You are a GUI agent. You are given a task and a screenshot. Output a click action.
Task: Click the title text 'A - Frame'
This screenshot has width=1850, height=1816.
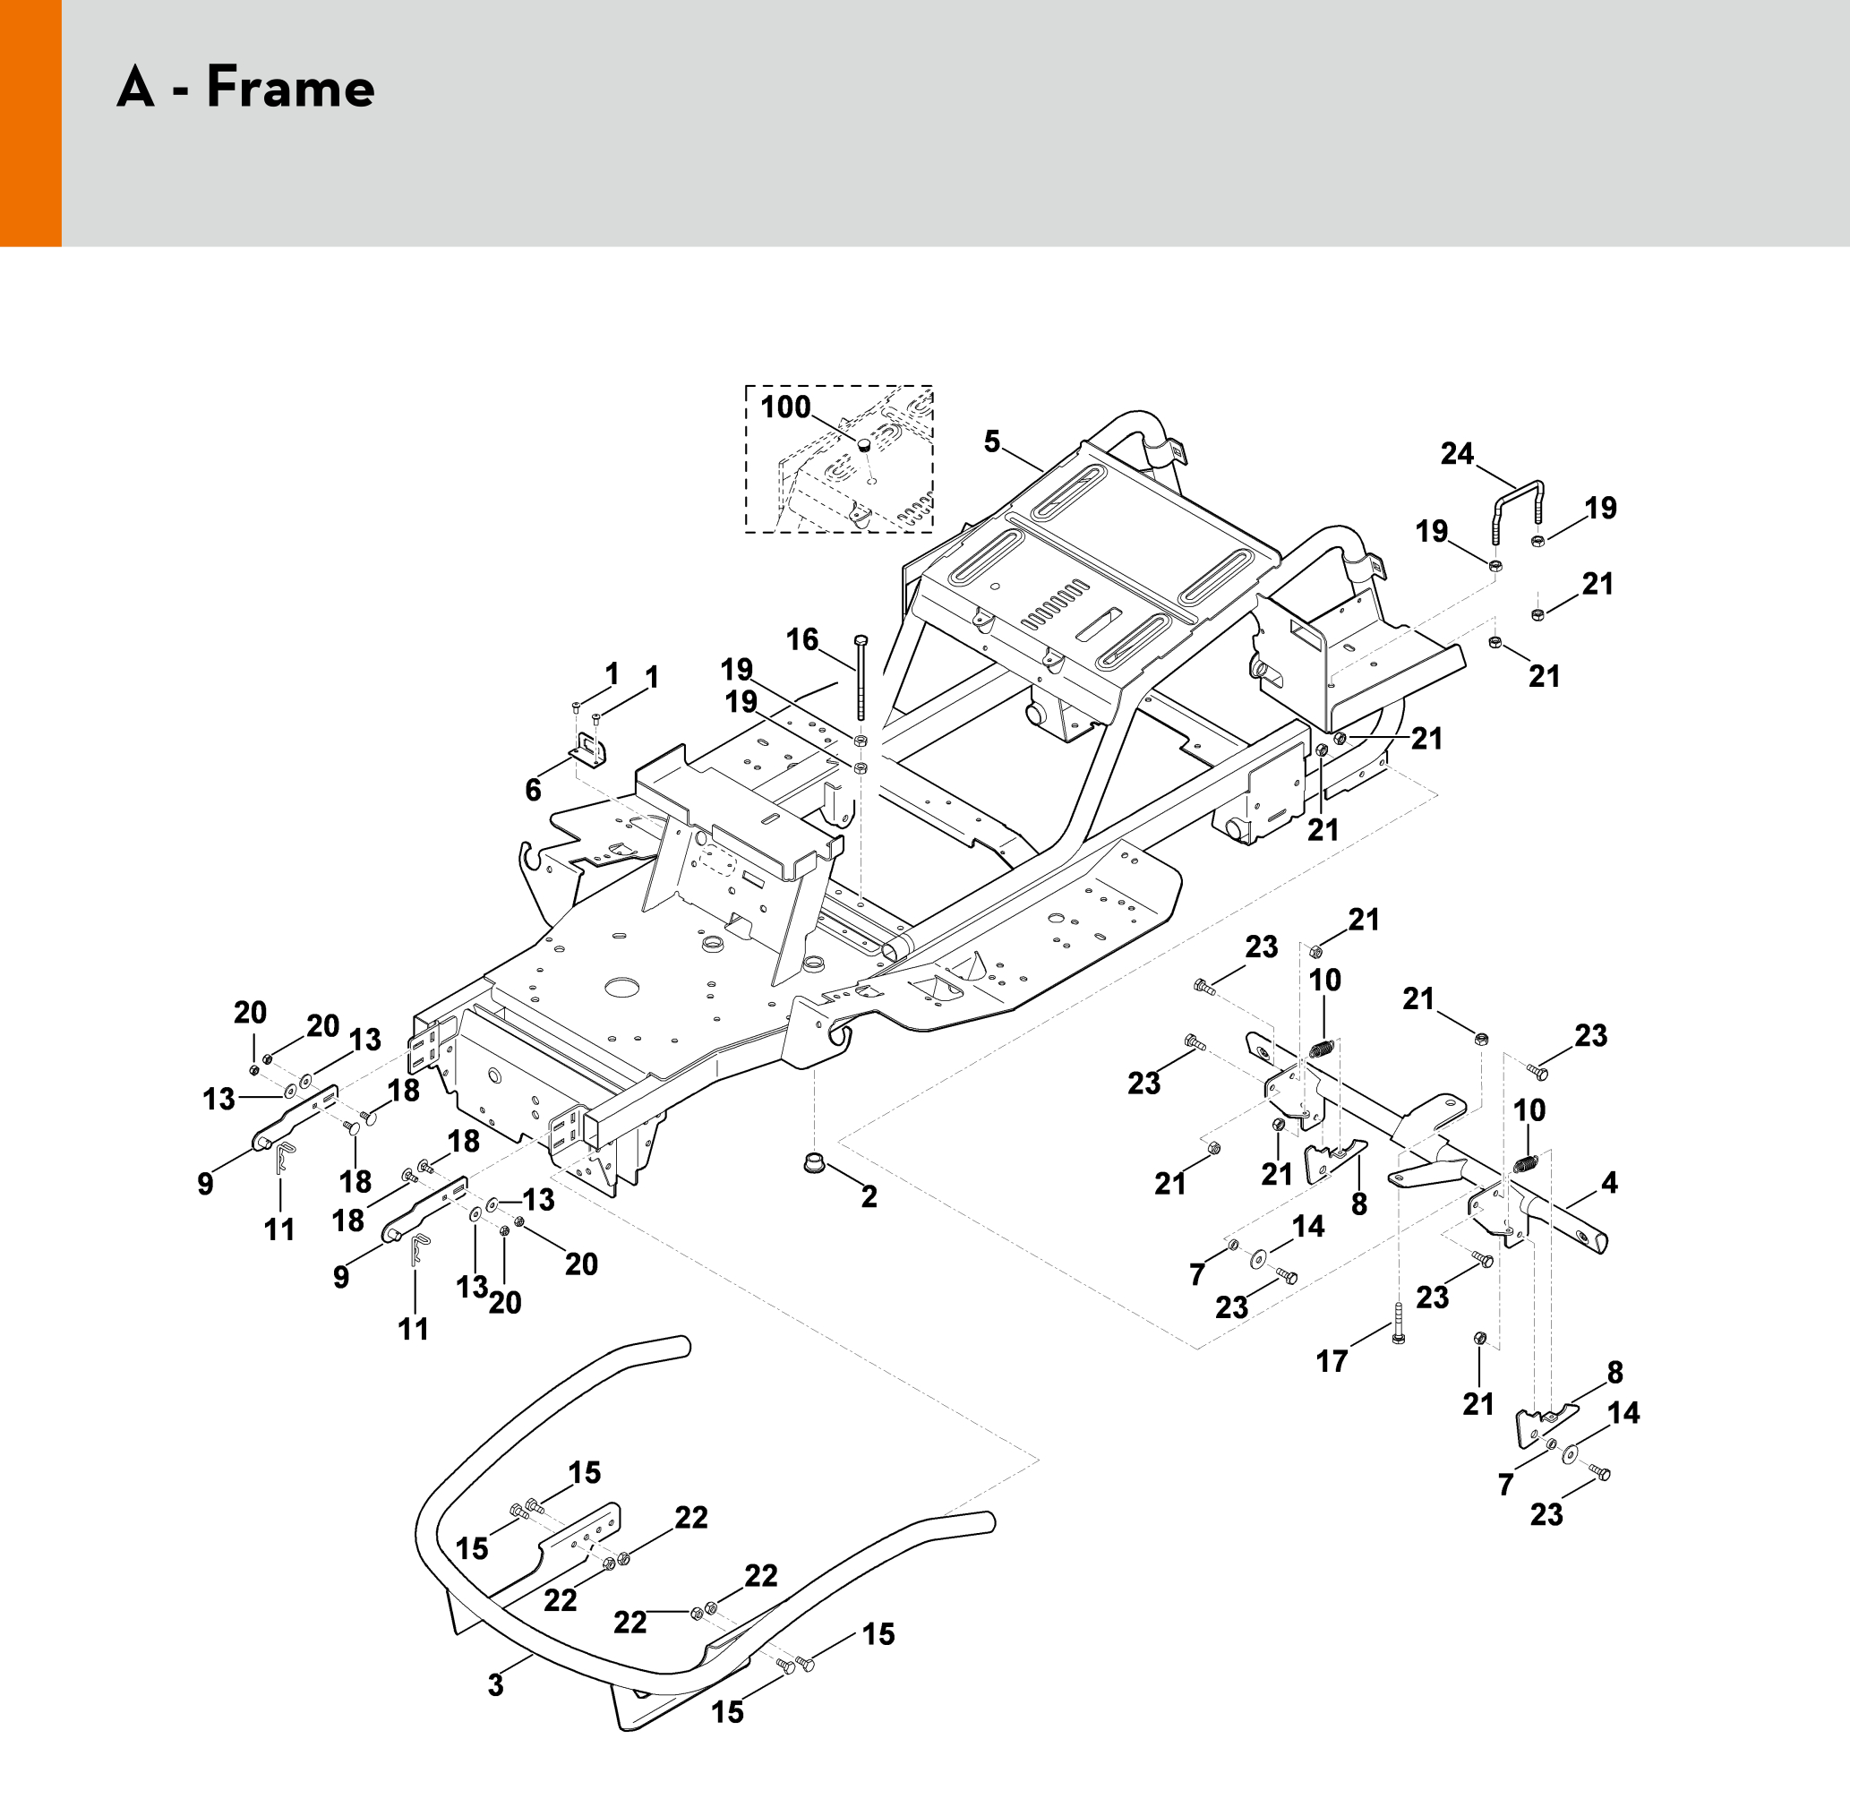[246, 88]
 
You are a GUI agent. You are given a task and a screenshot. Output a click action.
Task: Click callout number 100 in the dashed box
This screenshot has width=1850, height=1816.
[784, 407]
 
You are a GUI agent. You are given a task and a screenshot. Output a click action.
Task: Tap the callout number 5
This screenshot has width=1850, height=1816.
[992, 441]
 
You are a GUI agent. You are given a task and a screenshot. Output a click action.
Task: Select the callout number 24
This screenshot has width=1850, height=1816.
[1456, 454]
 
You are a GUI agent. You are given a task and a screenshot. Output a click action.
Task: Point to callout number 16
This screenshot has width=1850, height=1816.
[802, 639]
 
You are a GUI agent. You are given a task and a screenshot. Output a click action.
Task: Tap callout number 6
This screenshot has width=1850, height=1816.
[533, 789]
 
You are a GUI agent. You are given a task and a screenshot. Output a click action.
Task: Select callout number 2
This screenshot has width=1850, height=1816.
[869, 1196]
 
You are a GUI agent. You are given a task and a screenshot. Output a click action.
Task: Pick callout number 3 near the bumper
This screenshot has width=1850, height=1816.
[495, 1685]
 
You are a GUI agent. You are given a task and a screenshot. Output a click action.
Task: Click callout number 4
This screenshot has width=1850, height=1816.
[1610, 1183]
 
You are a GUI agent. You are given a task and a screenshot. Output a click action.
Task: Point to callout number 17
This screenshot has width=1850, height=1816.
[1332, 1361]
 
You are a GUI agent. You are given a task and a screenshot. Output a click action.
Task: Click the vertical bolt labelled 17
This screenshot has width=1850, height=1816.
[1398, 1323]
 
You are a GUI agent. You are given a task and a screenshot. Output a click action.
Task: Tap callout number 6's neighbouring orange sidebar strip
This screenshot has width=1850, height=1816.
[30, 124]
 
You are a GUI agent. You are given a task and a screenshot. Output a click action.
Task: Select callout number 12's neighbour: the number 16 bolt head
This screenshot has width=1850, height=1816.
[861, 639]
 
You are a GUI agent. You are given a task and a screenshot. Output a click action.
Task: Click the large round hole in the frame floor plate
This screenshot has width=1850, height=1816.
[621, 986]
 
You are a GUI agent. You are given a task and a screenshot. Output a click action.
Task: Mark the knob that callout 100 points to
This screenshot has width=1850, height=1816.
[863, 444]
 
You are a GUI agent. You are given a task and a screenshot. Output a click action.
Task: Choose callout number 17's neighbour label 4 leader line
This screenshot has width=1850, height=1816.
[1581, 1200]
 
